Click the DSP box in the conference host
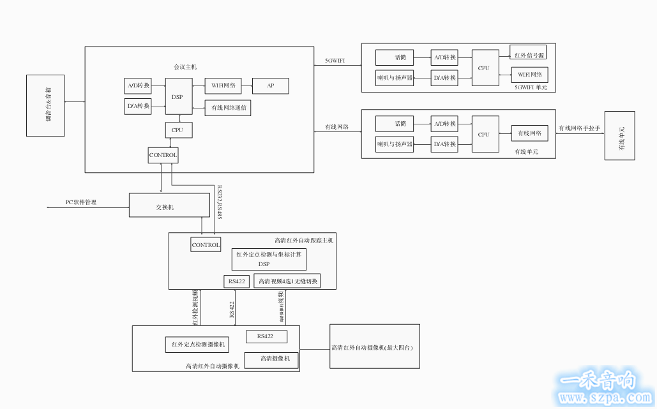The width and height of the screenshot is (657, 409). click(177, 97)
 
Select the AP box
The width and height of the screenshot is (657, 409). click(271, 86)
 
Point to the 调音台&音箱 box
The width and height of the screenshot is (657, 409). click(46, 105)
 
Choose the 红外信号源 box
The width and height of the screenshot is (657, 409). click(529, 54)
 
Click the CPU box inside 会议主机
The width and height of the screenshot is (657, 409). click(178, 130)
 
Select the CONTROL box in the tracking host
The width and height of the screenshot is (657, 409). click(206, 244)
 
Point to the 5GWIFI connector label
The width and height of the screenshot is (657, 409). click(335, 60)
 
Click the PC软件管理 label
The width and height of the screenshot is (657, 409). click(81, 202)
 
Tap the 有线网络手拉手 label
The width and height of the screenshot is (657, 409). click(579, 128)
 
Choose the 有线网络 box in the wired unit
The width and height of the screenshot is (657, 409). click(529, 133)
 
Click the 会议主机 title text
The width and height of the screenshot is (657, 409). click(185, 66)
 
